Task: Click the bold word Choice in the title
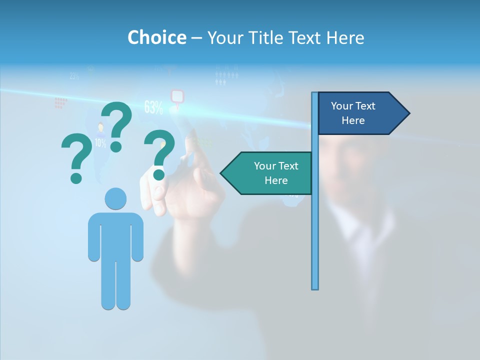[x=156, y=37]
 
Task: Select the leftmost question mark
[x=76, y=158]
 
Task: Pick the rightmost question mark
[x=159, y=153]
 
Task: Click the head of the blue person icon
[x=115, y=198]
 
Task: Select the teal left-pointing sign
[x=267, y=173]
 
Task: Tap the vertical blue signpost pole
[x=314, y=225]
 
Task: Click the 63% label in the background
[x=153, y=107]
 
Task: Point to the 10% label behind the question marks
[x=100, y=143]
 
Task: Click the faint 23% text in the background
[x=74, y=76]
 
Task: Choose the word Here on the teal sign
[x=276, y=180]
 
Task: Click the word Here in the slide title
[x=345, y=37]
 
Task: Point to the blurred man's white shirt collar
[x=350, y=220]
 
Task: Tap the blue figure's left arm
[x=93, y=237]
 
